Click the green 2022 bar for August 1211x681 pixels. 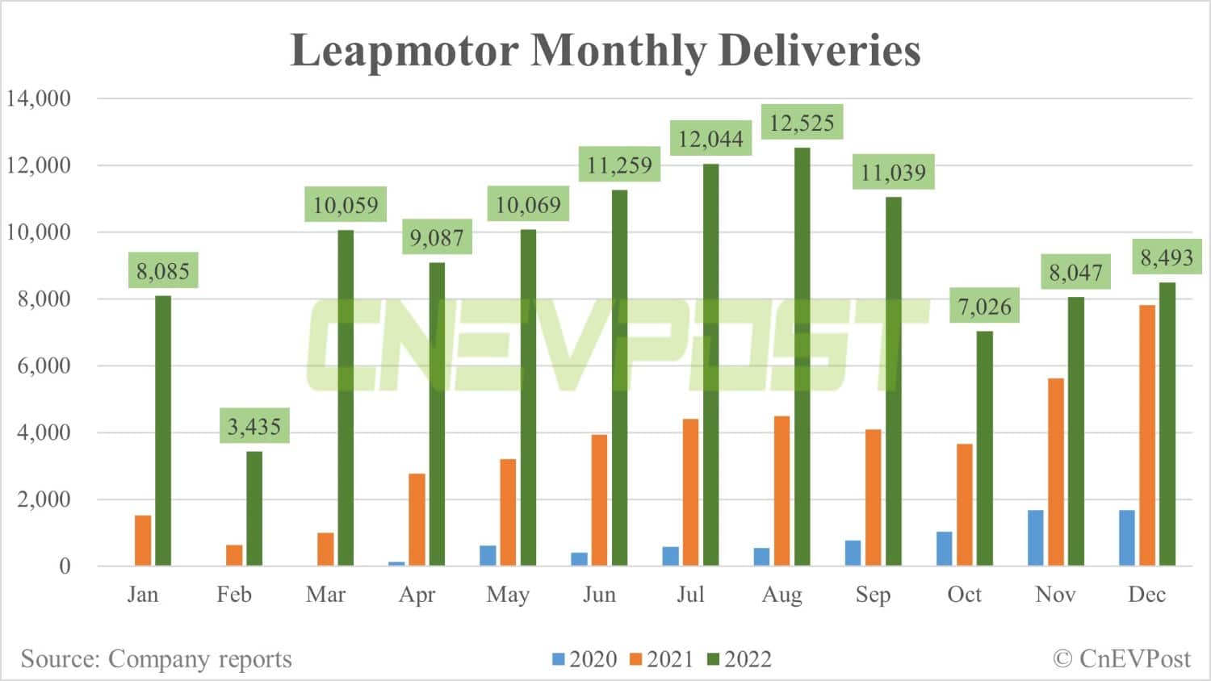[802, 357]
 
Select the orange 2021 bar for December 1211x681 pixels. [1146, 436]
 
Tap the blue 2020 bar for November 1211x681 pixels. [1035, 537]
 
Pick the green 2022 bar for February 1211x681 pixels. [254, 508]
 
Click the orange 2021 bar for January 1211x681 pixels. [143, 540]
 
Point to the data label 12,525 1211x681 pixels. [802, 123]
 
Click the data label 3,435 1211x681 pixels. [254, 426]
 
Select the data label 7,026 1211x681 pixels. [984, 307]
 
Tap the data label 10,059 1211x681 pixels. [346, 205]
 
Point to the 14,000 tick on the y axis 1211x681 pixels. [39, 98]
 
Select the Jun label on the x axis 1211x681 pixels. [599, 595]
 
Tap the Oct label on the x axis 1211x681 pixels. [964, 595]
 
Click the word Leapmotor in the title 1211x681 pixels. [404, 50]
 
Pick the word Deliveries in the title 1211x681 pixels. [819, 50]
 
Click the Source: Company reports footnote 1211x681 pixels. [156, 659]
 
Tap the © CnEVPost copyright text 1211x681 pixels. [1121, 659]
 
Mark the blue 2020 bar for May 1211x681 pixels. [488, 555]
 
